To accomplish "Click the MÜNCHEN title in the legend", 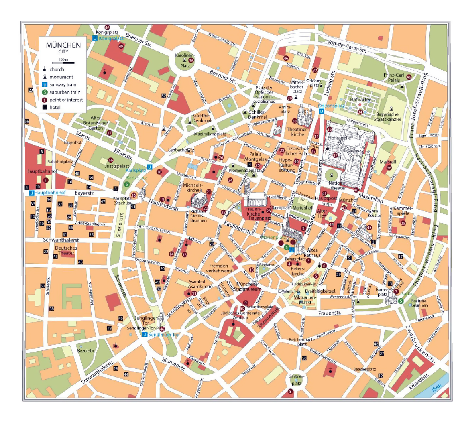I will pos(64,45).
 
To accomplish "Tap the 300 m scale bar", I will pos(67,63).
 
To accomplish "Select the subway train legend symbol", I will pos(45,85).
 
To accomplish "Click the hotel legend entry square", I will pos(45,107).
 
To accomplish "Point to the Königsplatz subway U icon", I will pos(95,38).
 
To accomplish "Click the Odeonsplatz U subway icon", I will pos(321,111).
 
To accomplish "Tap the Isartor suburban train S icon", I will pos(401,301).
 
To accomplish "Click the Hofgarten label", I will pos(360,100).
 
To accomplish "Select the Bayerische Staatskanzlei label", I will pos(387,117).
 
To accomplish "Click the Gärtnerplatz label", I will pos(296,380).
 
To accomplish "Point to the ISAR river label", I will pos(437,388).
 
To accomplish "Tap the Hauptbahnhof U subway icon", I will pos(31,193).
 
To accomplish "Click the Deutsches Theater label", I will pos(66,250).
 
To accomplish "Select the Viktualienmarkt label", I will pos(305,299).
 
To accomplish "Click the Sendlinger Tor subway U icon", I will pos(144,334).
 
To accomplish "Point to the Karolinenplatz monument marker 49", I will pos(191,60).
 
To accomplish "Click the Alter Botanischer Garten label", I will pos(96,123).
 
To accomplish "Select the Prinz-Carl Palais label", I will pos(394,77).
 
